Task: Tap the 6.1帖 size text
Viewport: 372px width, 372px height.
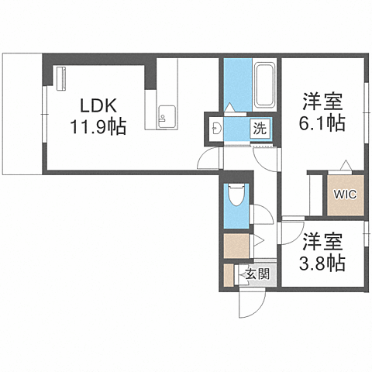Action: tap(322, 122)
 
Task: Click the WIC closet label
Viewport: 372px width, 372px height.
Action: tap(344, 194)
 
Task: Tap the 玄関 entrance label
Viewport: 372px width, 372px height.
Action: tap(258, 273)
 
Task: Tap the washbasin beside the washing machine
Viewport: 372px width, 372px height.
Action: tap(216, 127)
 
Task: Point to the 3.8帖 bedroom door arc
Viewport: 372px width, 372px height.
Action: tap(291, 232)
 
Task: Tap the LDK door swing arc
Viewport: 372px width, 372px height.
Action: tap(208, 159)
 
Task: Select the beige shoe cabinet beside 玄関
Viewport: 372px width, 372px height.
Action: tap(229, 276)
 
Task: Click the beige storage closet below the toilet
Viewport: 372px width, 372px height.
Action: tap(236, 246)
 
